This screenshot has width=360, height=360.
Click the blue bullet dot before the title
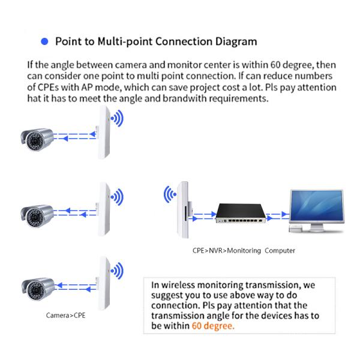43,42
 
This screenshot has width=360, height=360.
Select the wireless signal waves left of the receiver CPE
170,194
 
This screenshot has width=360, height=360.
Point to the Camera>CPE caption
66,314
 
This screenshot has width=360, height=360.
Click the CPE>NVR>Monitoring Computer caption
240,251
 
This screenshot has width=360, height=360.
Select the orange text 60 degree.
213,326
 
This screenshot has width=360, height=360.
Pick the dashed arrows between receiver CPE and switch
205,213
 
